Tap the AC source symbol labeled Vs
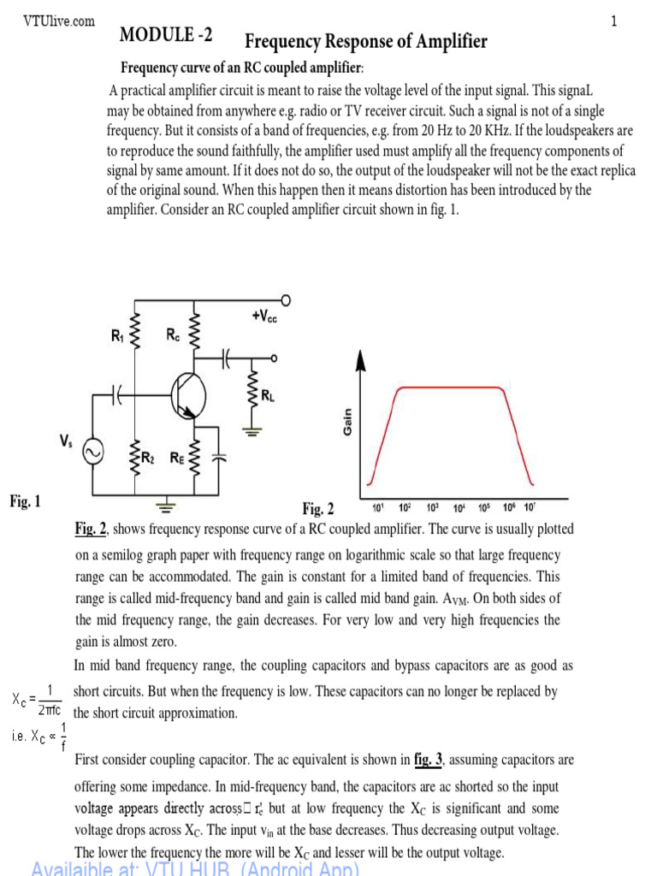pos(92,451)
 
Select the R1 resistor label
pos(118,337)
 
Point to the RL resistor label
pos(269,395)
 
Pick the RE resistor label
pos(176,458)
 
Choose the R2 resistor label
pos(149,458)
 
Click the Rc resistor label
pos(173,337)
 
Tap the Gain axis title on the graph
pos(348,422)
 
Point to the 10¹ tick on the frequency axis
pos(378,508)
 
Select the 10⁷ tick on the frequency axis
pos(530,508)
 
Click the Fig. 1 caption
pos(25,501)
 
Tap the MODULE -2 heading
pos(166,35)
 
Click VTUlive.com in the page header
pos(59,21)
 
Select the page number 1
pos(613,22)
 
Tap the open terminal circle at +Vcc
pos(285,300)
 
